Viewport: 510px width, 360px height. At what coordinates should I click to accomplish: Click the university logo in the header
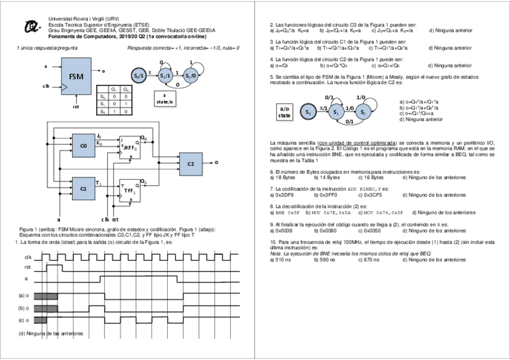(29, 26)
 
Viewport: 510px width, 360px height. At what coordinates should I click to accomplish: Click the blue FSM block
(76, 77)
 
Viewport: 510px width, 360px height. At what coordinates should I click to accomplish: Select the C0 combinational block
(84, 145)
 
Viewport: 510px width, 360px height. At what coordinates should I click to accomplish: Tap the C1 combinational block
(84, 189)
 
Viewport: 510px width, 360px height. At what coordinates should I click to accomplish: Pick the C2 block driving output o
(191, 163)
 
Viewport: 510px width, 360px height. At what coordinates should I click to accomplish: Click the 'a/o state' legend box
(284, 112)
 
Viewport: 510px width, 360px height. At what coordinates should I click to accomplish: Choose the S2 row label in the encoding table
(103, 112)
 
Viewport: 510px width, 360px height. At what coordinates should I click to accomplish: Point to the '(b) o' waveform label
(26, 308)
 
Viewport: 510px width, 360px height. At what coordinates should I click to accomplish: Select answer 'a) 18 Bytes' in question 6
(283, 178)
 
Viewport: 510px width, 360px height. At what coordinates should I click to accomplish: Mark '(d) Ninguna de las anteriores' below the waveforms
(51, 332)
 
